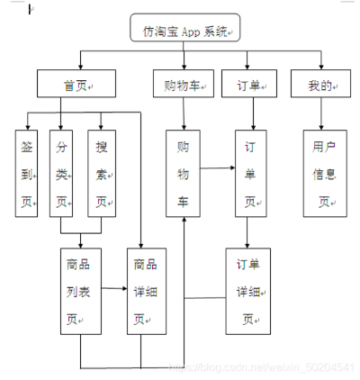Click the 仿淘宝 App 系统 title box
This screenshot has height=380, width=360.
click(185, 32)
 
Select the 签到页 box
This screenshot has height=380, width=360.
click(27, 173)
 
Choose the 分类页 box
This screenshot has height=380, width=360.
click(61, 173)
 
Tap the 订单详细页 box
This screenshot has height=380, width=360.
click(247, 291)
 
